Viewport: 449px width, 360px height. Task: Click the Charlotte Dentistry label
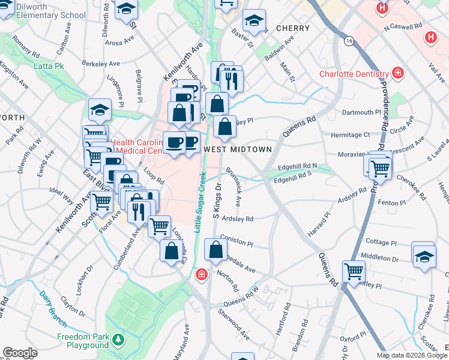click(354, 74)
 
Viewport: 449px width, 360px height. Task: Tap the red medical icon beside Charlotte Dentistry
click(397, 73)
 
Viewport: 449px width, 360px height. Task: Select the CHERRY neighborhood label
click(293, 28)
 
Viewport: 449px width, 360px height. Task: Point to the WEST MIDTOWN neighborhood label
click(238, 148)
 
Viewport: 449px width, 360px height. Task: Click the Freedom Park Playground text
click(83, 341)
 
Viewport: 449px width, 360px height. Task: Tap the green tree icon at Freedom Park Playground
click(119, 341)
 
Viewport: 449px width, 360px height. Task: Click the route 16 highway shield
click(349, 41)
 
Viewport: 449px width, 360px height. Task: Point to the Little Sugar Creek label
click(199, 202)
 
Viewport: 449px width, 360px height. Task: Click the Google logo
click(20, 353)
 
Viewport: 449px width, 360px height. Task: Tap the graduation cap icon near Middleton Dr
click(424, 254)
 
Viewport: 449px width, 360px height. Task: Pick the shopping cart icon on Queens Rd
click(354, 270)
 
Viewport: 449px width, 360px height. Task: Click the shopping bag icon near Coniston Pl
click(215, 248)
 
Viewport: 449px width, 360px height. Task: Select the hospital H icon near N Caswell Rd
click(430, 37)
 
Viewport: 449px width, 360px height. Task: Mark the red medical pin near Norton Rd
click(202, 275)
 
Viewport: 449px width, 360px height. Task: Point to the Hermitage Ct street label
click(349, 134)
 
